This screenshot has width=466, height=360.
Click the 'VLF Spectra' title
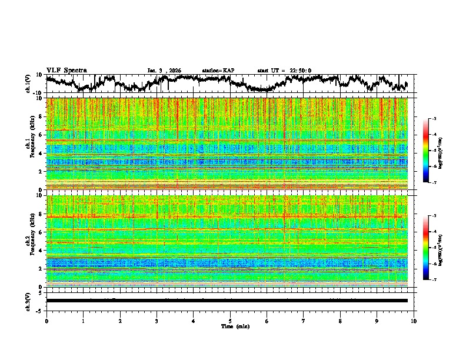coord(66,71)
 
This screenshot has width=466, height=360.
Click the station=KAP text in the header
coord(218,71)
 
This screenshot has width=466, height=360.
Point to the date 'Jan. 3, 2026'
coord(164,71)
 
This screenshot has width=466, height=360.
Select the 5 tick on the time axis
coord(230,321)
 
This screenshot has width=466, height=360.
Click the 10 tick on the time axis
coord(414,321)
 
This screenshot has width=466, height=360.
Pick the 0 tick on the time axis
coord(46,321)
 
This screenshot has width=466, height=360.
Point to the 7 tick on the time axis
coord(304,321)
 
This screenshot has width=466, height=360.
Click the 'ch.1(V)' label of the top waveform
coord(28,84)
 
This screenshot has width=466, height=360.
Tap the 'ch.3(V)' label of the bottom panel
coord(28,300)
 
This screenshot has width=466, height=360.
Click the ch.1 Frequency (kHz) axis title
coord(29,144)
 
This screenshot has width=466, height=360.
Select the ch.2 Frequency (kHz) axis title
coord(29,241)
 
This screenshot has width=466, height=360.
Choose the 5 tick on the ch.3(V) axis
coord(41,292)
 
